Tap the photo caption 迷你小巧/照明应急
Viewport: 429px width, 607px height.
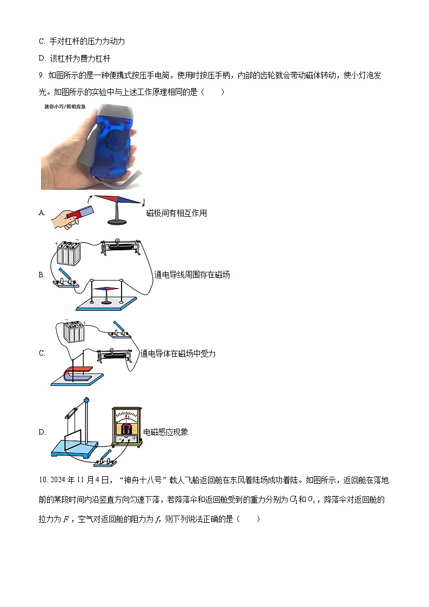65,106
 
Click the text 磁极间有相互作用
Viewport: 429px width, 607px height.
176,213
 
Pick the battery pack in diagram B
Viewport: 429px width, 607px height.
68,253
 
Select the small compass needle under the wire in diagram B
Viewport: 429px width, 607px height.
106,289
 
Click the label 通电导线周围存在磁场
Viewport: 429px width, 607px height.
192,275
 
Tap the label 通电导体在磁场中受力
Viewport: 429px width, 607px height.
178,353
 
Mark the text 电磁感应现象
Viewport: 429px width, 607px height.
165,432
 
